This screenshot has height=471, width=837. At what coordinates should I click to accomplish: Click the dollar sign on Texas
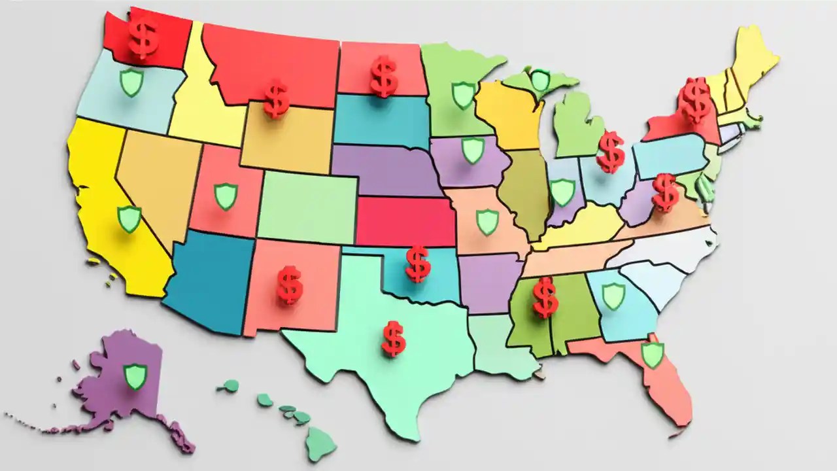pyautogui.click(x=393, y=338)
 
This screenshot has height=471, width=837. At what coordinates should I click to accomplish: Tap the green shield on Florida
pyautogui.click(x=652, y=355)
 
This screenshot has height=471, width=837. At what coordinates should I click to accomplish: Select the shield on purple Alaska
pyautogui.click(x=135, y=376)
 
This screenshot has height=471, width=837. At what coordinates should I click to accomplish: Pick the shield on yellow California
pyautogui.click(x=129, y=218)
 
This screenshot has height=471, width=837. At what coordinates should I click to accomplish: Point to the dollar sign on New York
pyautogui.click(x=695, y=100)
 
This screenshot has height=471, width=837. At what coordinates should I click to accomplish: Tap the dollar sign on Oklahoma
pyautogui.click(x=417, y=264)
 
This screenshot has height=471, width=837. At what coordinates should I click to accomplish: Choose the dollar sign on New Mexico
pyautogui.click(x=289, y=285)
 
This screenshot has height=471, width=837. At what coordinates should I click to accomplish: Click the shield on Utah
pyautogui.click(x=226, y=196)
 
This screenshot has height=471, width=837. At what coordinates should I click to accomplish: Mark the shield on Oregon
pyautogui.click(x=131, y=83)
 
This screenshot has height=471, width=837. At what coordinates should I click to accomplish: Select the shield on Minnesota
pyautogui.click(x=464, y=95)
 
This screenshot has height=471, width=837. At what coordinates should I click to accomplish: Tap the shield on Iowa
pyautogui.click(x=473, y=150)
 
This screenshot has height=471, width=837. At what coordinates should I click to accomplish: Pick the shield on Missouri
pyautogui.click(x=487, y=221)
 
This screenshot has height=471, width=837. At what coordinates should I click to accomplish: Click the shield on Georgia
pyautogui.click(x=613, y=296)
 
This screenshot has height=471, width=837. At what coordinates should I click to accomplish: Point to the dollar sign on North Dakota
pyautogui.click(x=384, y=76)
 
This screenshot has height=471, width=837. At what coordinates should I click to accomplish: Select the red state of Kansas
pyautogui.click(x=405, y=221)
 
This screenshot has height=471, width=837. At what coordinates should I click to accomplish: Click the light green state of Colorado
pyautogui.click(x=307, y=206)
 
